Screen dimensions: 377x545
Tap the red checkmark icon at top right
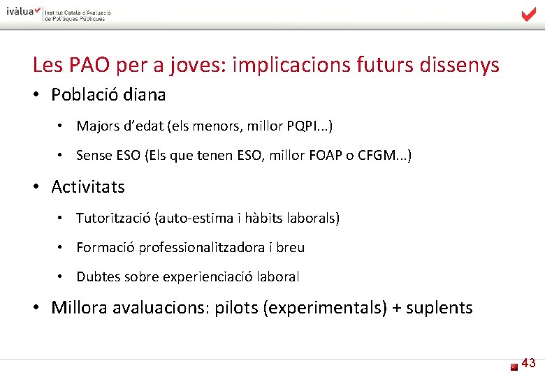tap(528, 14)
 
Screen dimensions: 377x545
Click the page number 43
tap(529, 363)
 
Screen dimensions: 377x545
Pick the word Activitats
tap(88, 187)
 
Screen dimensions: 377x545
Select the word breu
tap(290, 248)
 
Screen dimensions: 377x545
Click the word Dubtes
tap(99, 277)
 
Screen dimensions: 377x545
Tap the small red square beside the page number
tap(514, 366)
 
